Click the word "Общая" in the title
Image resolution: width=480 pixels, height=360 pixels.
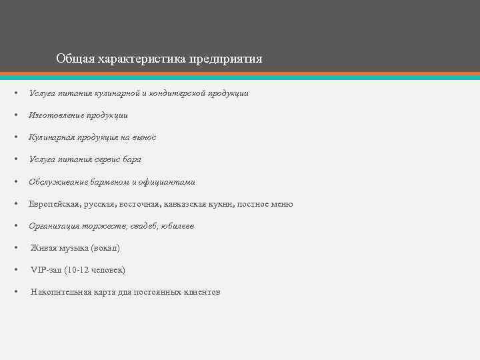click(x=75, y=59)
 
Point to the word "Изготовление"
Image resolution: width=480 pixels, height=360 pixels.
click(x=55, y=115)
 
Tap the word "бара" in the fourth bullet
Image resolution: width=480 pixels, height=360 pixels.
click(x=131, y=159)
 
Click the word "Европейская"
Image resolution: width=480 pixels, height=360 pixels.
click(x=55, y=204)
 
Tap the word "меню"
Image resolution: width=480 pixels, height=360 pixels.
click(x=280, y=204)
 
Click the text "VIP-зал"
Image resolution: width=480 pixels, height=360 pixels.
click(x=46, y=270)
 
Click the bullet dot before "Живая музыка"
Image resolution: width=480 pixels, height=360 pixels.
click(x=16, y=248)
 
